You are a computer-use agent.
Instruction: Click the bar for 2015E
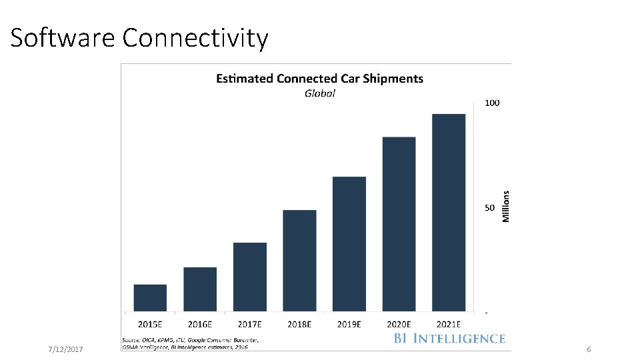[x=150, y=298]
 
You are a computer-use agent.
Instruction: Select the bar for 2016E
[x=200, y=289]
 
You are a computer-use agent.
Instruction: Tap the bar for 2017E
[x=250, y=277]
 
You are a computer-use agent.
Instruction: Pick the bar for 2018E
[x=299, y=261]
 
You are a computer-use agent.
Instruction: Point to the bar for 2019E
[x=349, y=244]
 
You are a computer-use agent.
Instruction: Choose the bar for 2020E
[x=399, y=224]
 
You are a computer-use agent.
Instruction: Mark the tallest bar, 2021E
[x=449, y=213]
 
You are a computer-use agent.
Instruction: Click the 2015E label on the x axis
[x=150, y=324]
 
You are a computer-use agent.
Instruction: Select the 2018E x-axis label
[x=299, y=324]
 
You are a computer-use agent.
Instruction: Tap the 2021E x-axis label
[x=449, y=324]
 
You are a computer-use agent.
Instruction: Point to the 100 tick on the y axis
[x=492, y=103]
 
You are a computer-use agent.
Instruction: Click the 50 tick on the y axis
[x=490, y=208]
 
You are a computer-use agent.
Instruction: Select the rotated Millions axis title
[x=506, y=207]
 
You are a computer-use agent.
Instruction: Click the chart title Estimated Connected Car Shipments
[x=319, y=79]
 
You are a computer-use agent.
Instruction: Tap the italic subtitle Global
[x=320, y=93]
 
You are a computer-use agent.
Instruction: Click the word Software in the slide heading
[x=63, y=38]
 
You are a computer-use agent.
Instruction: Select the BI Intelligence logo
[x=449, y=339]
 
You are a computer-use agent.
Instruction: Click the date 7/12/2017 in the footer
[x=66, y=350]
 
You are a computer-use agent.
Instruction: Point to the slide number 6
[x=589, y=350]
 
